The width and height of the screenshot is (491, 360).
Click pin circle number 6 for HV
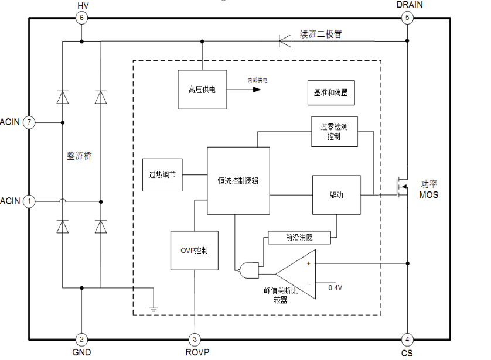click(81, 18)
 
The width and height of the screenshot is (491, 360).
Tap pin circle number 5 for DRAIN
click(407, 18)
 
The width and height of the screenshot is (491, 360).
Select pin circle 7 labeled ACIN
click(30, 122)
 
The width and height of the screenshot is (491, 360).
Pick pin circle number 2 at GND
click(81, 340)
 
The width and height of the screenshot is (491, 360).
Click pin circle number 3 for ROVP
click(194, 340)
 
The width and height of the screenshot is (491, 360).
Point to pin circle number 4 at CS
click(407, 340)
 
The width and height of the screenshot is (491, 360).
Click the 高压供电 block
click(202, 90)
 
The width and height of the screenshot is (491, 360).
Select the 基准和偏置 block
click(331, 92)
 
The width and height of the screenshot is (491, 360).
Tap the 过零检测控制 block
click(334, 131)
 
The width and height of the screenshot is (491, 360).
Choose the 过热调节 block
click(162, 174)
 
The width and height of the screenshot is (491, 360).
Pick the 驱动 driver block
click(336, 194)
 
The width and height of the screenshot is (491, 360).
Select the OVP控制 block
click(193, 251)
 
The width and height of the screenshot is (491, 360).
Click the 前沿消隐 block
click(299, 237)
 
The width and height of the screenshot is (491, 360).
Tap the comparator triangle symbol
click(299, 274)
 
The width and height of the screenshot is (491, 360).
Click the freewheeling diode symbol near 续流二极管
click(285, 41)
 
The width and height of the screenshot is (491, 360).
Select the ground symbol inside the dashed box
click(153, 308)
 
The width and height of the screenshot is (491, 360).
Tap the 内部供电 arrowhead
click(257, 90)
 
